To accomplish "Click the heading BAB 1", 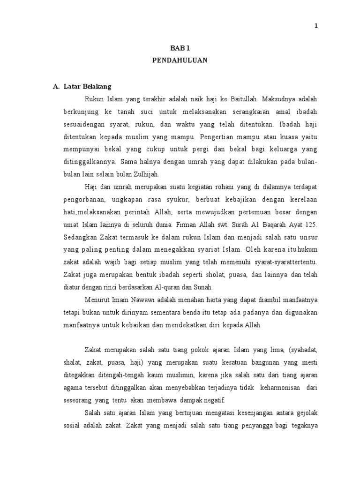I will tap(180, 47).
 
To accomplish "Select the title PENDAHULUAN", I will tap(180, 60).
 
